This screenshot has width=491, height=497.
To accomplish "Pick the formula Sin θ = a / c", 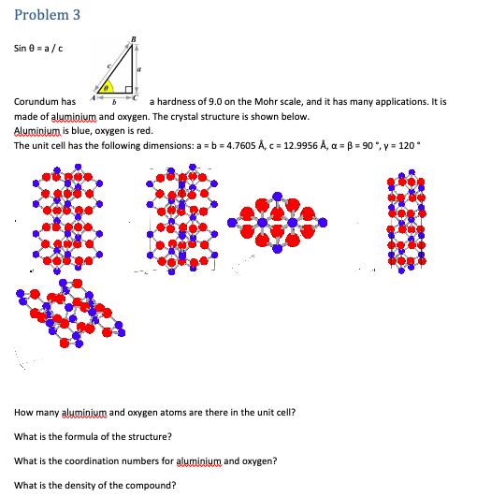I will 39,49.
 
